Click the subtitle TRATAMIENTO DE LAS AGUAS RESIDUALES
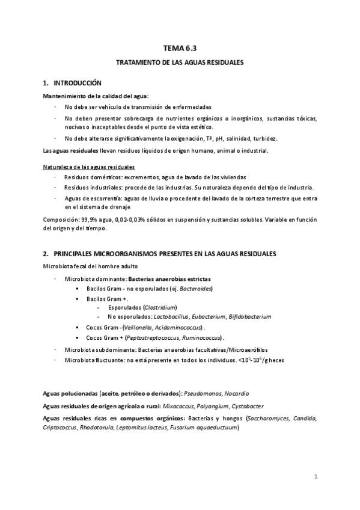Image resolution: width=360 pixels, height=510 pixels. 180,62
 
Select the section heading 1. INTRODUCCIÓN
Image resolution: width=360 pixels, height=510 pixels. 72,82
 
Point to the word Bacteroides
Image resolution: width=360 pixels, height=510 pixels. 196,289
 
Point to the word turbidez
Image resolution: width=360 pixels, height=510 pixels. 264,138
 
